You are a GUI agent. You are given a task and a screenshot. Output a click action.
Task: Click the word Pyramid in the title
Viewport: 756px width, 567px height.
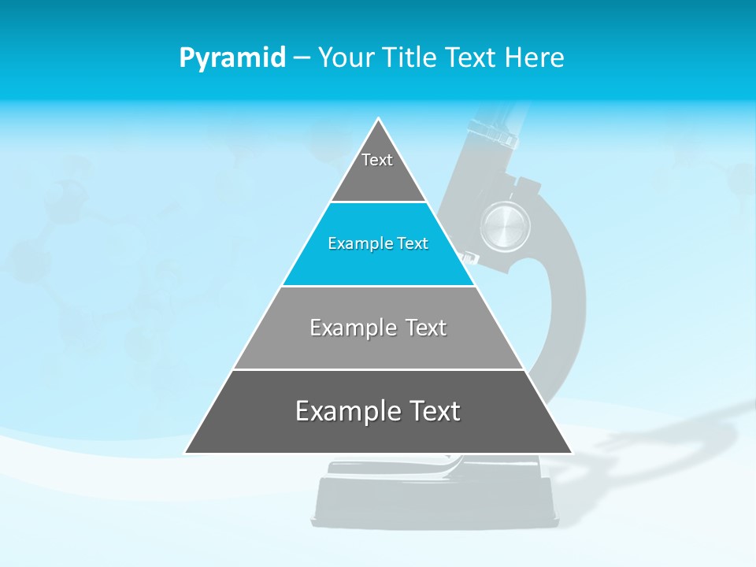click(x=232, y=58)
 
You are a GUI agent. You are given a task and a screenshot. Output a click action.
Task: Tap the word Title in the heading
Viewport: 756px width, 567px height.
click(x=411, y=57)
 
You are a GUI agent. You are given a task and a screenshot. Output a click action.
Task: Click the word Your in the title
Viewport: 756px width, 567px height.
click(x=346, y=57)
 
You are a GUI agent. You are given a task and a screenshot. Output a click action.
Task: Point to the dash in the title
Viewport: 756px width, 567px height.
click(x=302, y=58)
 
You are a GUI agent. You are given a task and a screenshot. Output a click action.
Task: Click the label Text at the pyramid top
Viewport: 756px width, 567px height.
click(x=377, y=160)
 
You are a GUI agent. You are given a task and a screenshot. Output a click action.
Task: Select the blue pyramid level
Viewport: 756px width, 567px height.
click(x=378, y=264)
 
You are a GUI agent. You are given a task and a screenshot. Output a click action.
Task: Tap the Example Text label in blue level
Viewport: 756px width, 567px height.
click(x=378, y=243)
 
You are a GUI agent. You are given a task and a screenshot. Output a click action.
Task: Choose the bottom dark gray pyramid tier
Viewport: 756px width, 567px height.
click(x=378, y=433)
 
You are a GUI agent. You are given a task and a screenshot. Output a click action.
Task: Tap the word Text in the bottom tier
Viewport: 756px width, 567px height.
click(x=435, y=411)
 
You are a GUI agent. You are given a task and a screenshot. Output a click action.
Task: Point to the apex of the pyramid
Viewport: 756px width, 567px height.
click(x=379, y=120)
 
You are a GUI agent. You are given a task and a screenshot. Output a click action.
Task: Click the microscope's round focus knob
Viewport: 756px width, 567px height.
click(x=506, y=224)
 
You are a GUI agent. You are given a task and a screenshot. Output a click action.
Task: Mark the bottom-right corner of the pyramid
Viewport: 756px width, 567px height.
click(x=571, y=453)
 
